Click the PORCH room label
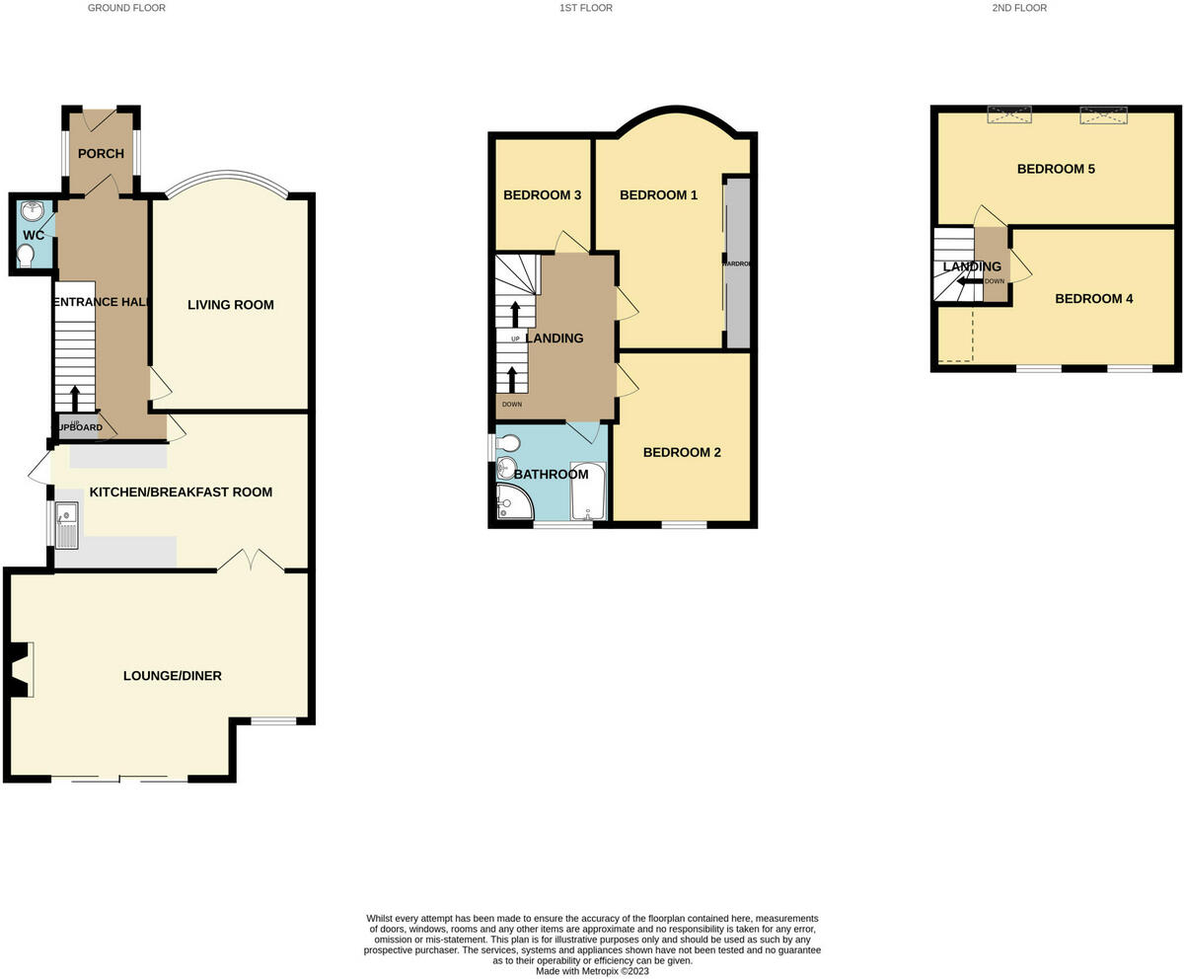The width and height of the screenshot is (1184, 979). coord(101,153)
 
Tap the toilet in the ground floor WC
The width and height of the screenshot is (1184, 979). coord(25,257)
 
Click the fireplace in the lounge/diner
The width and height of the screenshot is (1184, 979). coord(20,670)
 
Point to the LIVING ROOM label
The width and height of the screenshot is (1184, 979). coord(231,305)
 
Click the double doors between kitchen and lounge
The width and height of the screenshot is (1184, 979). coord(251,561)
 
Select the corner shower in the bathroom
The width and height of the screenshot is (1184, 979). coord(512,502)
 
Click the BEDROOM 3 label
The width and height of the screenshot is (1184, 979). coord(542,195)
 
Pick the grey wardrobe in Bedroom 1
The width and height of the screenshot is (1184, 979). coord(737,263)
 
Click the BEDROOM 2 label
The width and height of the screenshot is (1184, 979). coord(682,453)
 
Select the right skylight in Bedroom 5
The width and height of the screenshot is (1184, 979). coord(1103,116)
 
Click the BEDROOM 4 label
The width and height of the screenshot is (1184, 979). coord(1094,299)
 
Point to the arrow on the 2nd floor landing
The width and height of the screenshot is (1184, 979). coord(969,281)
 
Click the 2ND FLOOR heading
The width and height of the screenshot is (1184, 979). coord(1020,8)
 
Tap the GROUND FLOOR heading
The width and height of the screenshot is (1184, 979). coord(126,8)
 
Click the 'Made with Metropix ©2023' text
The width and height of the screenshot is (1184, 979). coord(592,971)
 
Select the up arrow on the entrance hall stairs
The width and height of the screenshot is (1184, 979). coord(75,398)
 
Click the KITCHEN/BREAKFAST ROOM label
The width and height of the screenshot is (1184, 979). coord(181,491)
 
